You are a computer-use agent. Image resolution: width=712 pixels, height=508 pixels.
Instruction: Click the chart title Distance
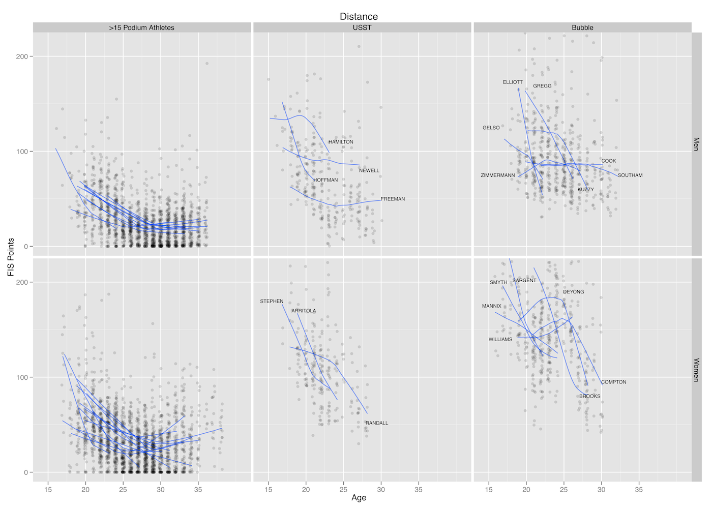(359, 16)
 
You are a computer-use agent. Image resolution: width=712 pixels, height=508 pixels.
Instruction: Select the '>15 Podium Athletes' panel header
(141, 27)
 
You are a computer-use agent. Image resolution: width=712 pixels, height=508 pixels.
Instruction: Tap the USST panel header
(362, 27)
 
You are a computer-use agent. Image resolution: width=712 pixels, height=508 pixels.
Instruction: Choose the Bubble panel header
(582, 27)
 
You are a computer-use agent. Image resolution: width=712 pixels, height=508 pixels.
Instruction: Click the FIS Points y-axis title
(11, 257)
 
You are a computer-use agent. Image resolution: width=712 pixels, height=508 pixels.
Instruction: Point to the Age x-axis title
(359, 498)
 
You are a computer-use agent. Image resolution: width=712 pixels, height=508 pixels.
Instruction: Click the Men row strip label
(696, 144)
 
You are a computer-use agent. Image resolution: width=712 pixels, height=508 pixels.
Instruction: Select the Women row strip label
(696, 370)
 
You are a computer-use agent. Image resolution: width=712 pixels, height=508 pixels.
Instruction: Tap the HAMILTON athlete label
(341, 142)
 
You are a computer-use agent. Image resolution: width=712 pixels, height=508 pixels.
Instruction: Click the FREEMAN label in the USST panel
(393, 199)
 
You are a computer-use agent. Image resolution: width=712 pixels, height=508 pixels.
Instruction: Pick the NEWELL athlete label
(369, 171)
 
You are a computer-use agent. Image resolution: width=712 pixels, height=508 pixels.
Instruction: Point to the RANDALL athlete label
(377, 423)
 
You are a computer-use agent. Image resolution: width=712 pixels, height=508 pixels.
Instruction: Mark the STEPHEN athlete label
(272, 302)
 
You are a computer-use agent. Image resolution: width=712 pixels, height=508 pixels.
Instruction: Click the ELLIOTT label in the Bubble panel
(513, 82)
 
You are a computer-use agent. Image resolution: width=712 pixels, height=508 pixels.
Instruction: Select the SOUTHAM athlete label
(630, 175)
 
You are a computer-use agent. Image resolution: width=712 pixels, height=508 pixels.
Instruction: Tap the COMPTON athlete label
(614, 382)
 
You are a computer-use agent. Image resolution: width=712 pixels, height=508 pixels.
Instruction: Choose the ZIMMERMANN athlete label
(498, 175)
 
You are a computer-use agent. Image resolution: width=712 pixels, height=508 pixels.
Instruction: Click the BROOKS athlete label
(590, 397)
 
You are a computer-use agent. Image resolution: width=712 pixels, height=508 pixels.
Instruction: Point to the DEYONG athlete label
(574, 292)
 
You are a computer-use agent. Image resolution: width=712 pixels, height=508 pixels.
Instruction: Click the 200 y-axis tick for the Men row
(22, 56)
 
